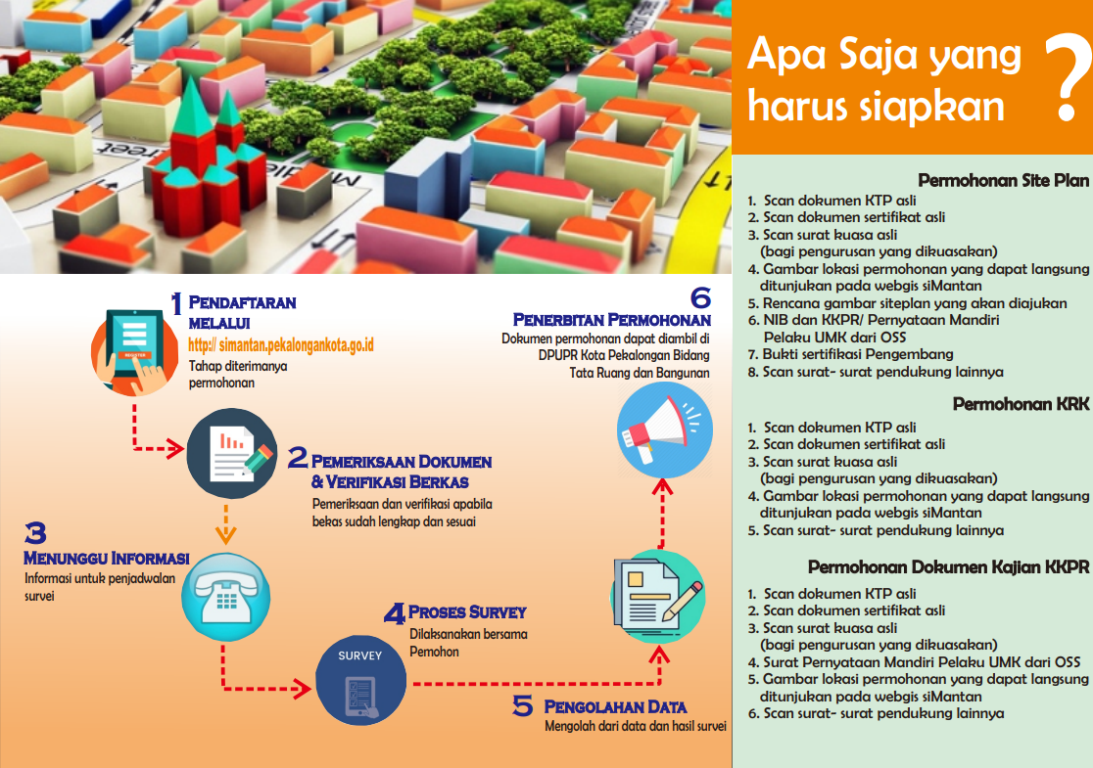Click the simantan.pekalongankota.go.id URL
click(281, 345)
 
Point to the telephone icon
click(226, 590)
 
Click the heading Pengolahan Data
click(615, 706)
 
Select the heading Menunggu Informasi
click(106, 558)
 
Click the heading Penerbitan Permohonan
click(612, 320)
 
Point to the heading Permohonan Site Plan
click(1003, 180)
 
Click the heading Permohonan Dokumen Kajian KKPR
click(948, 567)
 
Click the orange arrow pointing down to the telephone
click(226, 529)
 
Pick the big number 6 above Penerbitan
click(699, 297)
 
